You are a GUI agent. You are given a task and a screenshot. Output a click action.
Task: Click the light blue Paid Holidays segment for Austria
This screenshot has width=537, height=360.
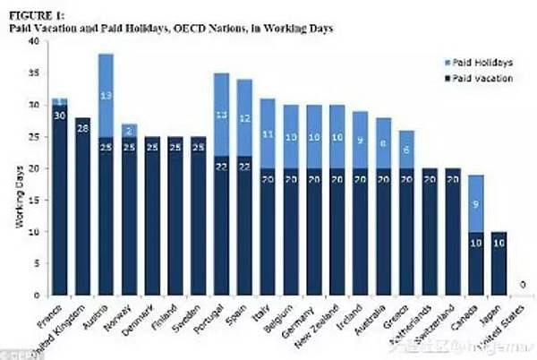pos(106,94)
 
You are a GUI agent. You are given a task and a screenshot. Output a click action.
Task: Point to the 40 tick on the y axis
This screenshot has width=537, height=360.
pos(34,41)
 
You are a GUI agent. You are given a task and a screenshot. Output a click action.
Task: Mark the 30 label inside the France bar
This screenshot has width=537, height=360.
pos(59,115)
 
